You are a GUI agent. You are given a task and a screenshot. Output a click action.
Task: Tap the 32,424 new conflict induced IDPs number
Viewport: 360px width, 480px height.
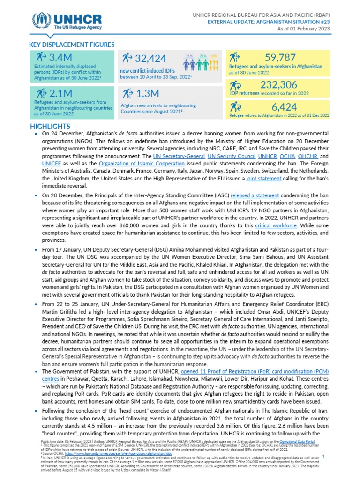(x=150, y=59)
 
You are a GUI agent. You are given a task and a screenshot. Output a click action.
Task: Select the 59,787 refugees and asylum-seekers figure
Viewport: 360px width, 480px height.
(x=280, y=58)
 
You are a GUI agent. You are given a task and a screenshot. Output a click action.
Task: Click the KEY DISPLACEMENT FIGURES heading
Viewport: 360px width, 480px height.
(x=72, y=45)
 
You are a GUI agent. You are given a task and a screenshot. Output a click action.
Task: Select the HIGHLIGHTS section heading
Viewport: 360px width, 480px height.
(x=50, y=127)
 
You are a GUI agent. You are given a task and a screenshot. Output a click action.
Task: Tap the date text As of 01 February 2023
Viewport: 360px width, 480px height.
(x=305, y=29)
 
